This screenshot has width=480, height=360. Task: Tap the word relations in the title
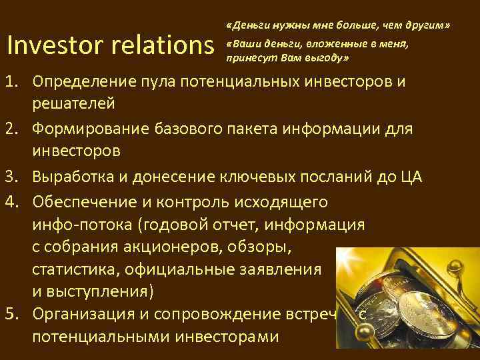click(166, 45)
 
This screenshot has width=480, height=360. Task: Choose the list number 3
click(11, 178)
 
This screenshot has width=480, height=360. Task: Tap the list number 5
click(11, 313)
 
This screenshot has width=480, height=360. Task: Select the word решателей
click(73, 103)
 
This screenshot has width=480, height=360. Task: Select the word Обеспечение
click(83, 201)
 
